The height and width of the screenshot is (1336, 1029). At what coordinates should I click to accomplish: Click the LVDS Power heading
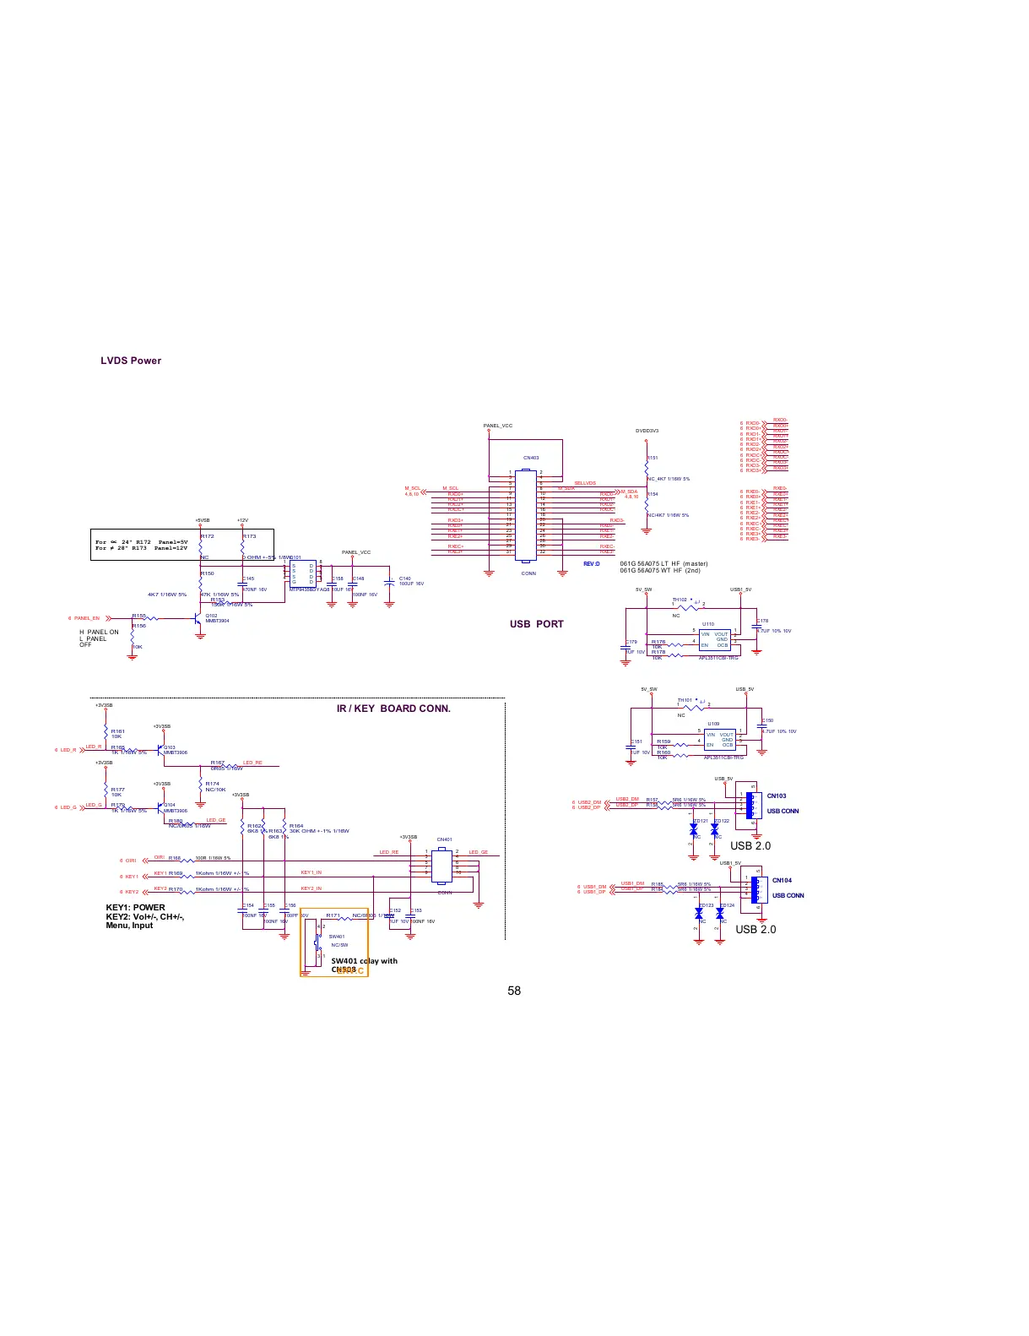pos(131,361)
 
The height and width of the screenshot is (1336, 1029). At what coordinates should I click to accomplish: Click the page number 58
pos(514,991)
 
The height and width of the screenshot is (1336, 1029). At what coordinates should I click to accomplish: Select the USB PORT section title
pos(536,624)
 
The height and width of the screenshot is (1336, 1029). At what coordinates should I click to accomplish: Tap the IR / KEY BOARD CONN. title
pos(393,709)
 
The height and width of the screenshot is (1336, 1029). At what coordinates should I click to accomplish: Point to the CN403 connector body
pos(526,515)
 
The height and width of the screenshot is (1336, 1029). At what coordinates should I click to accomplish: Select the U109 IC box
pos(719,740)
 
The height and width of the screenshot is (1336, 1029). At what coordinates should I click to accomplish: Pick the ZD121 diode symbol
pos(694,830)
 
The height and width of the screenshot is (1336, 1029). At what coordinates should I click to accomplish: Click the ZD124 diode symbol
pos(720,914)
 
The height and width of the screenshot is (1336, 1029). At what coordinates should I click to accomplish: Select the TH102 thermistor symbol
pos(687,606)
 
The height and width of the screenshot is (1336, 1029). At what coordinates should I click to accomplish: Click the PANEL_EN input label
pos(86,618)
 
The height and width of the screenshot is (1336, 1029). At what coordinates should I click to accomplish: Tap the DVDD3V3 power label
pos(647,431)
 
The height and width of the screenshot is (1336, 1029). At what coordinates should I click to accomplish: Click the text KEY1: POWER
pos(135,908)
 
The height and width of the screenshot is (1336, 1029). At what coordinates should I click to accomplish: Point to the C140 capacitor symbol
pos(389,582)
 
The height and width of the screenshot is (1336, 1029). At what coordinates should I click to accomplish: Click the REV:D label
pos(591,564)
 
